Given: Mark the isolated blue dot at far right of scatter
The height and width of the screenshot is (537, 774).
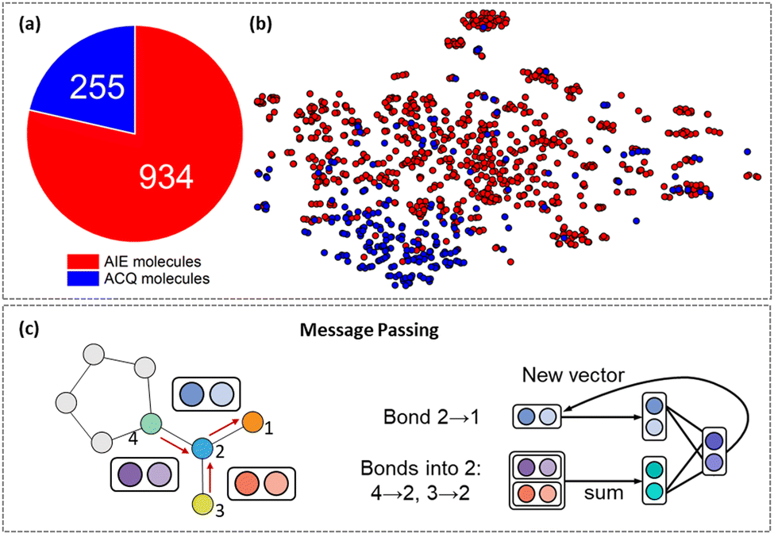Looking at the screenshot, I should pyautogui.click(x=747, y=152).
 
